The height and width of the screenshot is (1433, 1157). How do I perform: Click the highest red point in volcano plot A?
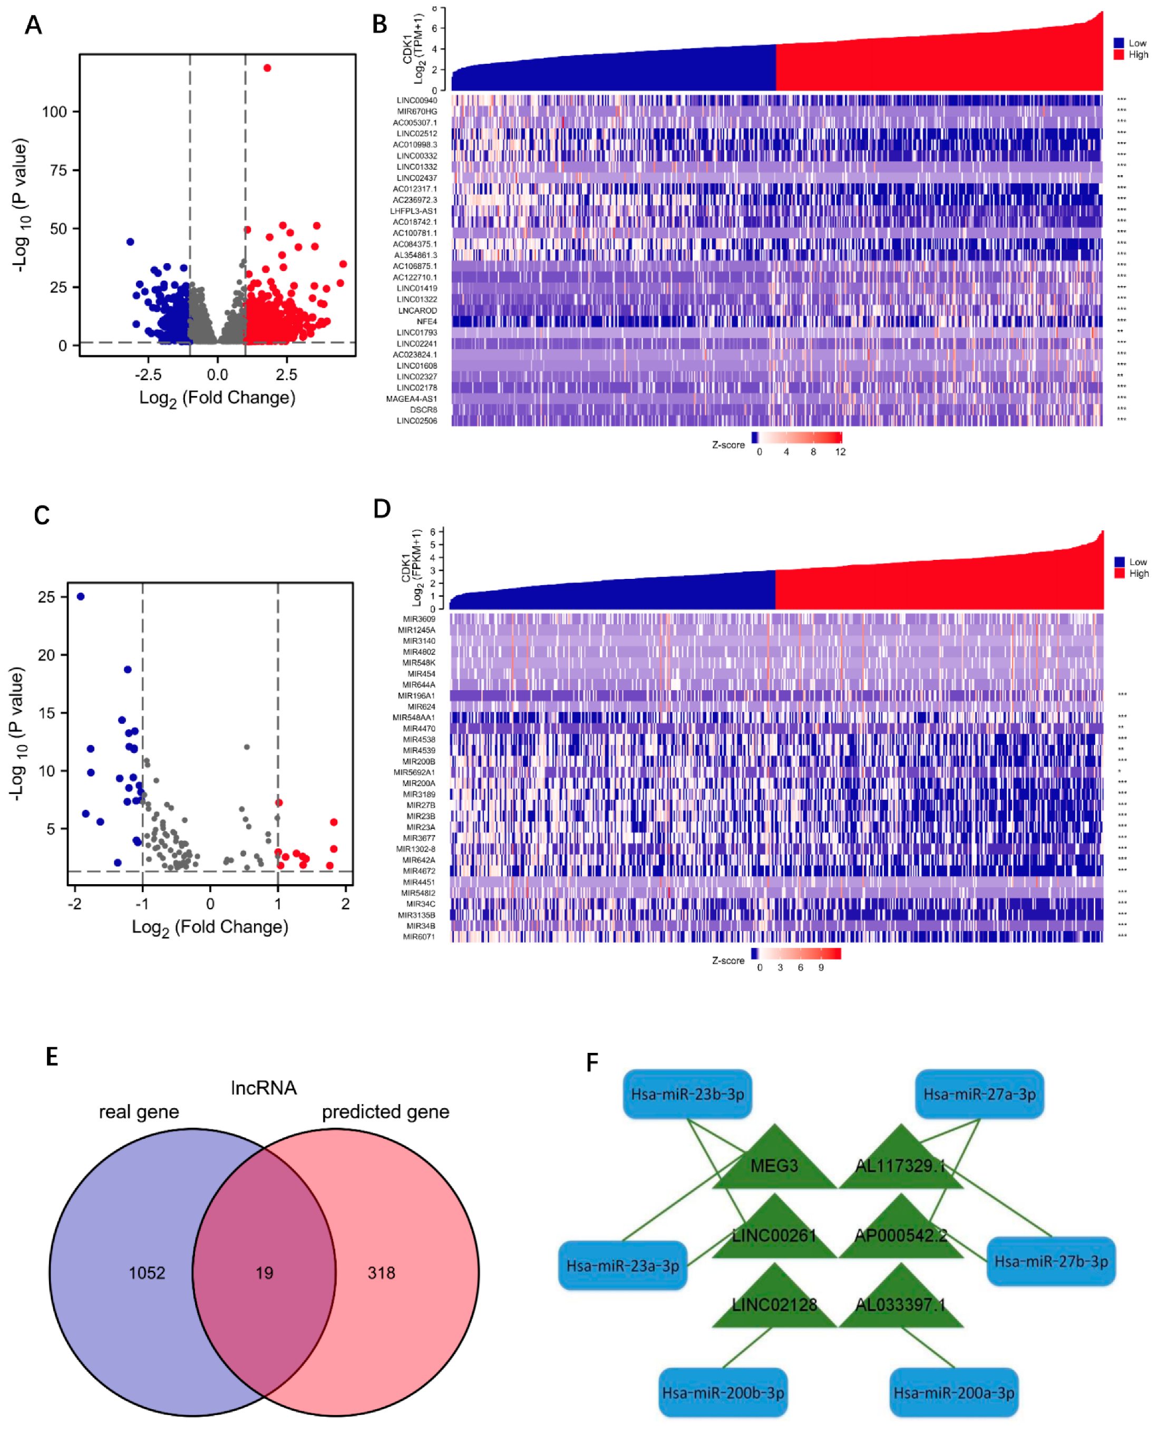click(x=267, y=68)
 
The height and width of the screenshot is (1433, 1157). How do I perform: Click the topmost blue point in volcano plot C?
click(x=81, y=596)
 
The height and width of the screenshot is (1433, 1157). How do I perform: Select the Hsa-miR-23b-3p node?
click(x=687, y=1094)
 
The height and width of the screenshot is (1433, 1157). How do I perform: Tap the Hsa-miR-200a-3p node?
click(x=954, y=1392)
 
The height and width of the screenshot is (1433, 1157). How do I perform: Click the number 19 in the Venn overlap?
click(x=265, y=1273)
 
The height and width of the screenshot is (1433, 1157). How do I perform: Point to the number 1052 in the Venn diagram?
click(x=147, y=1273)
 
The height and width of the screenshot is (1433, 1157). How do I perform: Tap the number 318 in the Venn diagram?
click(x=381, y=1273)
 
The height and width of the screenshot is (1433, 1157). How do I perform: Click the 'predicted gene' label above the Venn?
click(x=385, y=1112)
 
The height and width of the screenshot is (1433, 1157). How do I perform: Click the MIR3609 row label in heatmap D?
click(x=419, y=619)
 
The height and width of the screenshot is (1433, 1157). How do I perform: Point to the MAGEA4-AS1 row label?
click(x=411, y=399)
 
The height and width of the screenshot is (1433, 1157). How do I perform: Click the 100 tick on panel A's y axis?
click(x=55, y=111)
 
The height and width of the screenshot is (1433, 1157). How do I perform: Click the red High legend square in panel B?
click(x=1119, y=55)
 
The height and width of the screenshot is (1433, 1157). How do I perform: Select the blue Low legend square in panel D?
click(x=1120, y=562)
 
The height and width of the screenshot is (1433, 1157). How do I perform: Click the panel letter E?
click(x=52, y=1057)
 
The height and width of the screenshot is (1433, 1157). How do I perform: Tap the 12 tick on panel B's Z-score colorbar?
click(x=840, y=452)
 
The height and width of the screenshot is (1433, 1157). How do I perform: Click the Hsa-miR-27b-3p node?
click(x=1051, y=1261)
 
